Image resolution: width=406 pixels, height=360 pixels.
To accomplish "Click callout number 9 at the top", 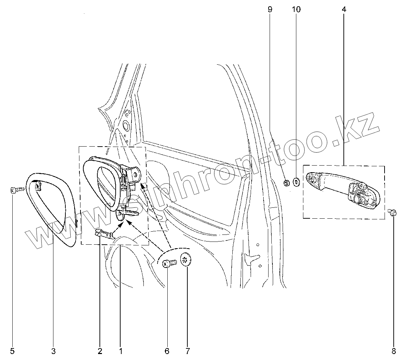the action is (270, 9).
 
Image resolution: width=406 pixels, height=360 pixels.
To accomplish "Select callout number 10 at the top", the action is (296, 9).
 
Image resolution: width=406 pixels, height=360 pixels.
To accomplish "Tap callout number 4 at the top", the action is (343, 9).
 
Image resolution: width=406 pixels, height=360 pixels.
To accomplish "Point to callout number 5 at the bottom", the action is (12, 351).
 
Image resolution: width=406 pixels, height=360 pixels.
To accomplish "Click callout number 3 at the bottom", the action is (53, 351).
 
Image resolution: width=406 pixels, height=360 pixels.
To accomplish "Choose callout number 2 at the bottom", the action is (100, 351).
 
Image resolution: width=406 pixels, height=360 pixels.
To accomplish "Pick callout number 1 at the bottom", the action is (121, 351).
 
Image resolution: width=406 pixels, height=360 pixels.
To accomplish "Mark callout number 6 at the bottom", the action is (167, 351).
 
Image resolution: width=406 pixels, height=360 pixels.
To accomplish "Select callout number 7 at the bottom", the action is (187, 351).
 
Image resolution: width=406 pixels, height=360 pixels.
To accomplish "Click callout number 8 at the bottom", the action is (394, 351).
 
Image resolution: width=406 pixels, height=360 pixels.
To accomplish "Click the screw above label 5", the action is (16, 191).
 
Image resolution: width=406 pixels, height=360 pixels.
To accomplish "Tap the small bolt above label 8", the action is (393, 212).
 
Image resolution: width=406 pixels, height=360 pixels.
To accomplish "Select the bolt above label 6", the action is (169, 263).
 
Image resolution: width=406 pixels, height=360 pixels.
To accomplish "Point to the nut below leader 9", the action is (286, 182).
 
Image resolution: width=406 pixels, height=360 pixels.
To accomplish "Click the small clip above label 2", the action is (105, 233).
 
